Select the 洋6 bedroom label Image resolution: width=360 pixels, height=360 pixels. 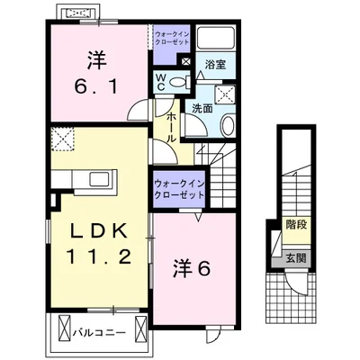tap(190, 267)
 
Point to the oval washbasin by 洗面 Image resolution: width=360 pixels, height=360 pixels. tap(227, 126)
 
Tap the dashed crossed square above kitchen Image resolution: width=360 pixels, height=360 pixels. tap(62, 140)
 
